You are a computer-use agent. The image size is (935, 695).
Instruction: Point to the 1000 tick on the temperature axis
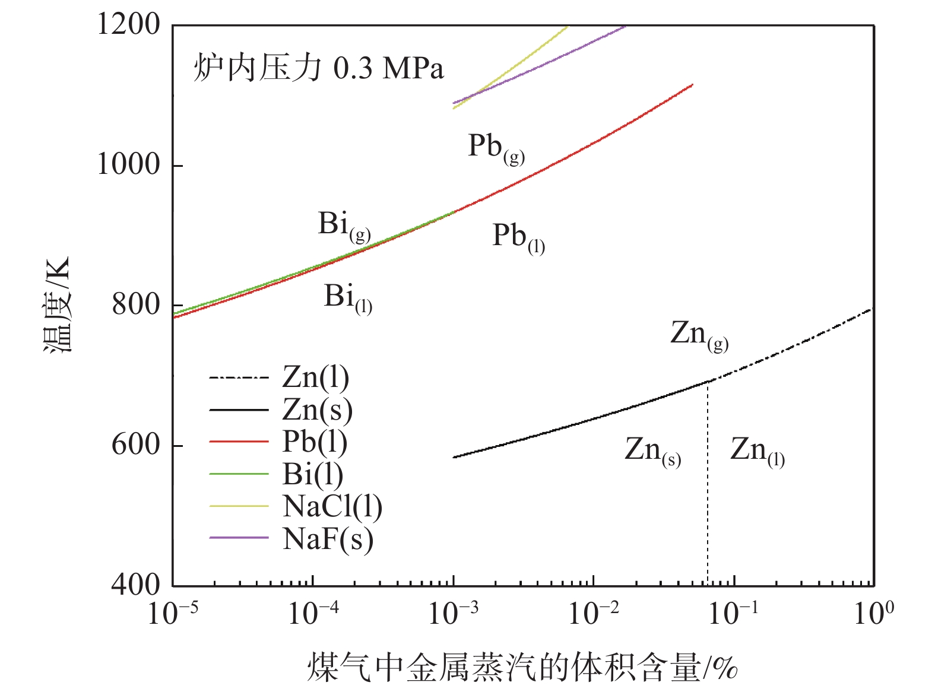click(x=128, y=164)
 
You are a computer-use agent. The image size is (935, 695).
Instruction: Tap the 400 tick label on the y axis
click(x=136, y=585)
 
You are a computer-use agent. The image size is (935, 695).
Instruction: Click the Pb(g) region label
click(x=496, y=147)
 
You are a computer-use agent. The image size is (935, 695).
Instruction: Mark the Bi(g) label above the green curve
click(x=344, y=226)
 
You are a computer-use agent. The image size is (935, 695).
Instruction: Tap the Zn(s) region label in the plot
click(x=652, y=451)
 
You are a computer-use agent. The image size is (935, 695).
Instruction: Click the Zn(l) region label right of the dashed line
click(x=757, y=451)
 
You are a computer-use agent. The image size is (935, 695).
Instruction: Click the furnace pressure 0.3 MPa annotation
click(x=318, y=68)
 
